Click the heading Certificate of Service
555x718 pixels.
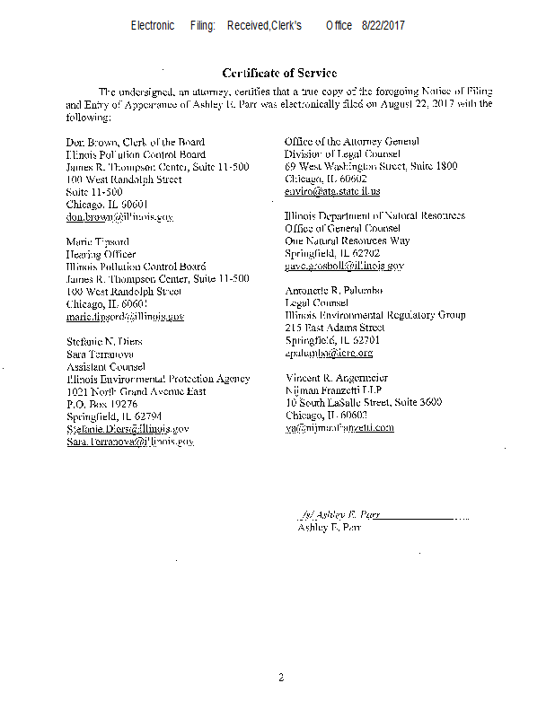pyautogui.click(x=279, y=73)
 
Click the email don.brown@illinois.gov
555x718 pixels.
pyautogui.click(x=119, y=217)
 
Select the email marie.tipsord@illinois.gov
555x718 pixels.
pyautogui.click(x=125, y=317)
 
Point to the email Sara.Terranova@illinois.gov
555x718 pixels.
pyautogui.click(x=129, y=442)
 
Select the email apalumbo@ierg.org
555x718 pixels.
pyautogui.click(x=329, y=354)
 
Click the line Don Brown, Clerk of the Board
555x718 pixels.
pyautogui.click(x=135, y=142)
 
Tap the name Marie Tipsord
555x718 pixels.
pyautogui.click(x=98, y=242)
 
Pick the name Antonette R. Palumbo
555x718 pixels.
pyautogui.click(x=335, y=292)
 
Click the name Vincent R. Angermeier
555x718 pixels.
pyautogui.click(x=339, y=378)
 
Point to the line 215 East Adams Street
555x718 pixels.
pyautogui.click(x=334, y=328)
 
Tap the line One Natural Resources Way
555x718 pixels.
pyautogui.click(x=347, y=241)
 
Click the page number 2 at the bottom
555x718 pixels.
pyautogui.click(x=280, y=677)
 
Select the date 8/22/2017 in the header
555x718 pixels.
pyautogui.click(x=383, y=26)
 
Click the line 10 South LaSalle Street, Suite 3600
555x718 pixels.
pyautogui.click(x=363, y=403)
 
